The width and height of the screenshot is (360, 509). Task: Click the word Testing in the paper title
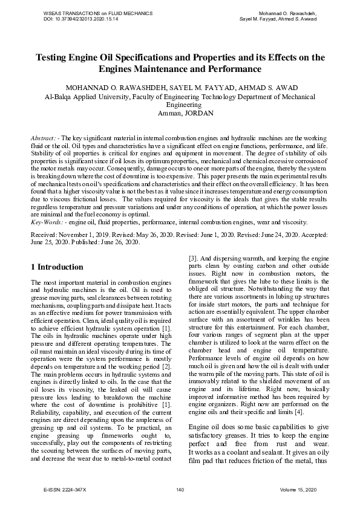click(x=53, y=58)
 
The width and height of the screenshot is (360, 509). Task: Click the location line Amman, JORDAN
click(x=180, y=112)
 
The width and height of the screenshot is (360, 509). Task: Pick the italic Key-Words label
click(x=47, y=206)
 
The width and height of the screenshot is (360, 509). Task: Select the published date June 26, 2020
click(x=119, y=225)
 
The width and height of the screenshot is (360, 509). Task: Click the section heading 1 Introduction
click(x=57, y=267)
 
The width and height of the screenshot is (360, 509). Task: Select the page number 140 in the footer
click(x=180, y=489)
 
